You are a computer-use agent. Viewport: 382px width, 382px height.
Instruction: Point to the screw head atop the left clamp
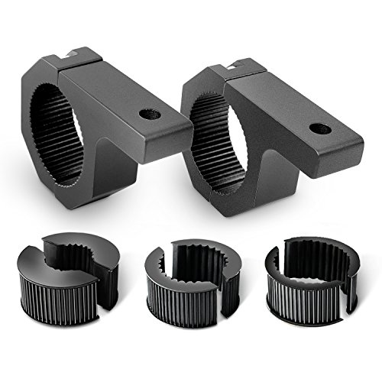pos(73,52)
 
